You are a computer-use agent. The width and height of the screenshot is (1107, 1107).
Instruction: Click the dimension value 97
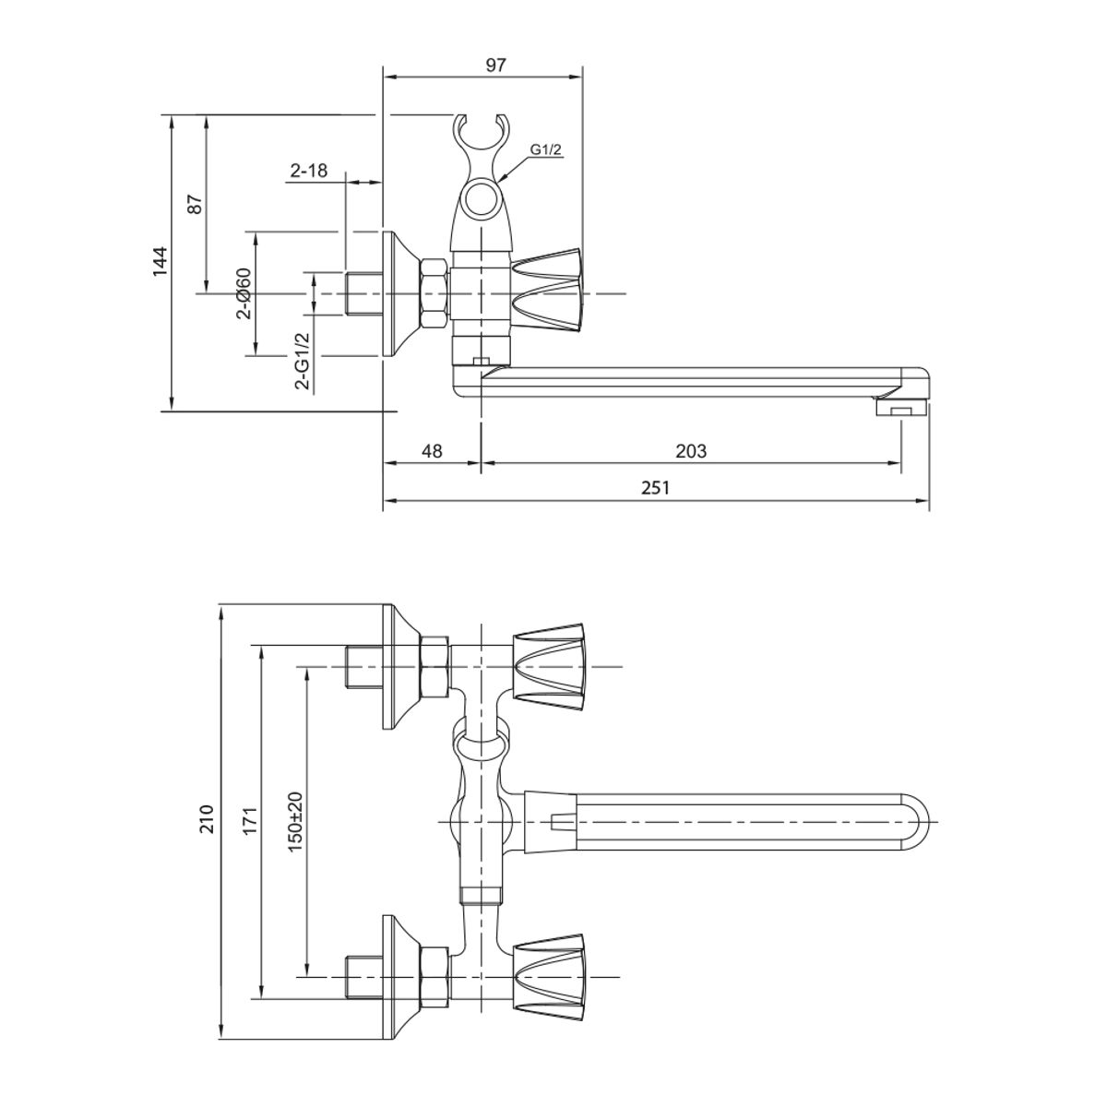496,65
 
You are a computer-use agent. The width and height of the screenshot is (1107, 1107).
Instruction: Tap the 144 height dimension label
160,262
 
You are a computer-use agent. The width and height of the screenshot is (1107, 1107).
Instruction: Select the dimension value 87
194,204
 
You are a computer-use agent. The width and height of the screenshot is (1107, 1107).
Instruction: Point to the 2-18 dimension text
309,170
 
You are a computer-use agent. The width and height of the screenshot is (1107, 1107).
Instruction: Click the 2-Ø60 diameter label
243,293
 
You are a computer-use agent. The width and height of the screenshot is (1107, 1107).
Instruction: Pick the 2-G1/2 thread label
302,360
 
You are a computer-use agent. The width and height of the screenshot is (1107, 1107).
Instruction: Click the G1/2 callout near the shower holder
545,149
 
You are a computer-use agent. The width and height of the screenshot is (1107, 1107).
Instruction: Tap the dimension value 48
432,451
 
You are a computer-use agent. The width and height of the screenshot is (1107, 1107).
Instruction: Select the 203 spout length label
691,451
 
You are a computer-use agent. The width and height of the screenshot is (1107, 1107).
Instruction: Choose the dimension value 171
249,819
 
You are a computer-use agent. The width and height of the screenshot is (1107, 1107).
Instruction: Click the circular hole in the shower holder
481,200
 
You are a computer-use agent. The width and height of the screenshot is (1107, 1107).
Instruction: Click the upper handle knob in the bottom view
548,666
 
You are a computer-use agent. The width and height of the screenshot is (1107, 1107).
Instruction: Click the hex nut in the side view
434,293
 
